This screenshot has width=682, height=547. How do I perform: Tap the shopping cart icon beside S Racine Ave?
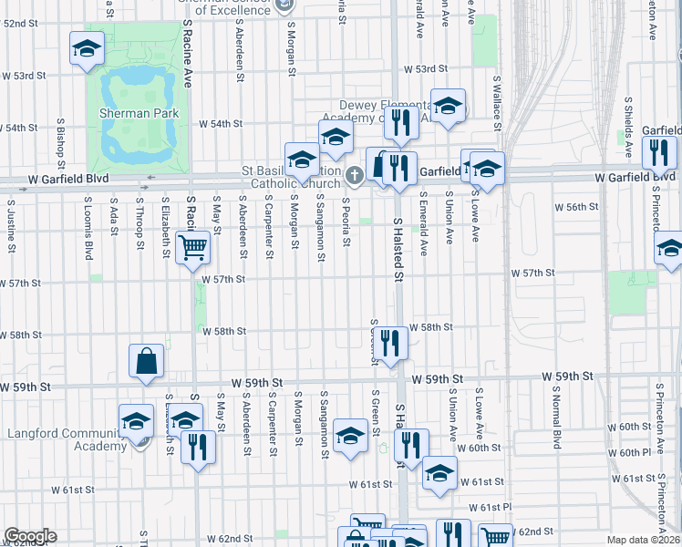pyautogui.click(x=192, y=246)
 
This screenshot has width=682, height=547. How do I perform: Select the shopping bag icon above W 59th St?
pyautogui.click(x=146, y=361)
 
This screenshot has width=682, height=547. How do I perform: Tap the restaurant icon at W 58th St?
pyautogui.click(x=390, y=343)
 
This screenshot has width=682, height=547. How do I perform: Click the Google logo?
pyautogui.click(x=30, y=536)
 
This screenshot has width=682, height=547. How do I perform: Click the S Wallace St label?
pyautogui.click(x=498, y=99)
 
